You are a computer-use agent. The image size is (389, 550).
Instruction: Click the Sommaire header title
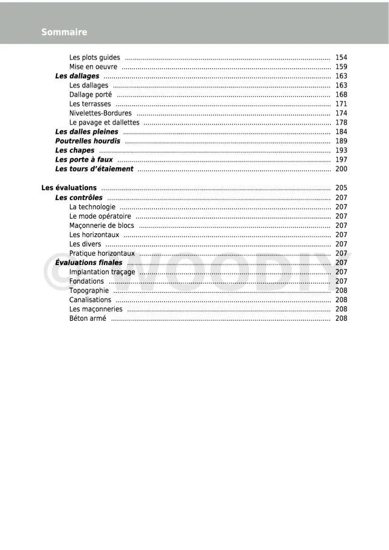click(x=64, y=32)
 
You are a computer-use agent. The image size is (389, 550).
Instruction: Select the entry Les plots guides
click(x=95, y=58)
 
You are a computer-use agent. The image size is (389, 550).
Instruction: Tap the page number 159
click(x=341, y=67)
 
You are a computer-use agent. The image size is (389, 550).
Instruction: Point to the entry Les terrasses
click(x=90, y=104)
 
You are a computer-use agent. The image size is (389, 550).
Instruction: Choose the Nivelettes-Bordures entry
click(x=101, y=113)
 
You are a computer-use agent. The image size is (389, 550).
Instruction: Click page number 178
click(x=341, y=123)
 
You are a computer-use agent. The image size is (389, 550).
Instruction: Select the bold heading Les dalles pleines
click(x=87, y=132)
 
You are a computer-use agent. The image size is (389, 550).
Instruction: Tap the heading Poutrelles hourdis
click(x=88, y=141)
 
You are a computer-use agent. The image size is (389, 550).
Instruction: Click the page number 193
click(x=341, y=150)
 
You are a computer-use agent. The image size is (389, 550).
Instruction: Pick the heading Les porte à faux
click(x=84, y=160)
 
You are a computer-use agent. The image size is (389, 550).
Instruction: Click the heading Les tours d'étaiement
click(x=94, y=169)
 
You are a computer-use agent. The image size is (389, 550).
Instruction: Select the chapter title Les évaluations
click(x=69, y=188)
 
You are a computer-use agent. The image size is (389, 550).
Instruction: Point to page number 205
click(x=341, y=188)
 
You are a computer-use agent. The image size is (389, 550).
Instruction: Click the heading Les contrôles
click(x=79, y=198)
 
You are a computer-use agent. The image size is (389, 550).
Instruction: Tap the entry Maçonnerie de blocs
click(x=102, y=225)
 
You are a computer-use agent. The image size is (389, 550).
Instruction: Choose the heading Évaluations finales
click(x=89, y=263)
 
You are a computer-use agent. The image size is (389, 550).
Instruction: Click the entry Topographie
click(x=89, y=290)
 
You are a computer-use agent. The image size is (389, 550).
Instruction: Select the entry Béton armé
click(x=88, y=318)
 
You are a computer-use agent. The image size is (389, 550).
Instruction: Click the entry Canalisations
click(x=91, y=300)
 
